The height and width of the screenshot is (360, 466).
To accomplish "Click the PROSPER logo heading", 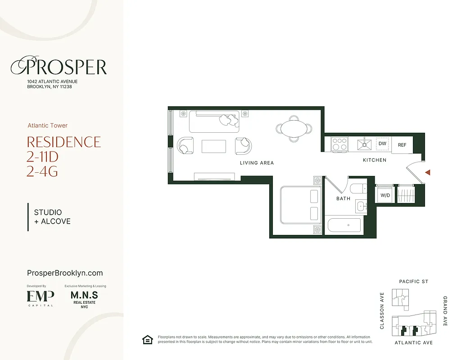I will point(59,67).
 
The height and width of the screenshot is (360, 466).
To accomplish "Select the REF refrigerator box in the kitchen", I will point(402,145).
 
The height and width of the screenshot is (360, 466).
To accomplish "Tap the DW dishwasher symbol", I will point(382,144).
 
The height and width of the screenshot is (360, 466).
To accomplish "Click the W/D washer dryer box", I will point(385,195).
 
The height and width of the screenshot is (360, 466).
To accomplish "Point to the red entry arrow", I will point(428,172).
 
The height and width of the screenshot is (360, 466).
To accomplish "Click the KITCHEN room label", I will point(375,160).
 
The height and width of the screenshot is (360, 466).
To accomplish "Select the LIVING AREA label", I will point(257,163).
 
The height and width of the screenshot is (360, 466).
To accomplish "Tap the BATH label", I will point(343,198).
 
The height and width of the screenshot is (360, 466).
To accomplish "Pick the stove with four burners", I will point(339,144).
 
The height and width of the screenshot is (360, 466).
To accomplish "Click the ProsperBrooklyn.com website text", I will point(65,273).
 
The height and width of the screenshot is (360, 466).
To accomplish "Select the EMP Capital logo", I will point(41,297).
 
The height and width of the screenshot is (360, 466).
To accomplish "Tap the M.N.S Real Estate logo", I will point(84,299).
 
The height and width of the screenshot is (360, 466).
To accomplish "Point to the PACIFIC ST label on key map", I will point(413,282).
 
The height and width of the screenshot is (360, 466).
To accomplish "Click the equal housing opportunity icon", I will point(147,340).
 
